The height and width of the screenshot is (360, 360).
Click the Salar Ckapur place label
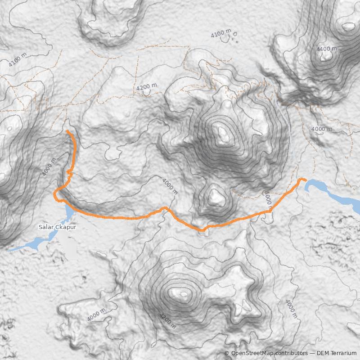pos(58,227)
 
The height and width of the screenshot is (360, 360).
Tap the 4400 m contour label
pos(326,49)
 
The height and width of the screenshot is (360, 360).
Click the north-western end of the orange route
pos(67,131)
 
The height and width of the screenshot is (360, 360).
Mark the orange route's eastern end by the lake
pos(306,180)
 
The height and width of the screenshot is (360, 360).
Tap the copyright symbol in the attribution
pos(227,353)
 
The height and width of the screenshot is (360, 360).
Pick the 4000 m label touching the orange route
pos(267,199)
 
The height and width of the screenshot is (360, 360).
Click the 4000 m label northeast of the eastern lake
pos(321,129)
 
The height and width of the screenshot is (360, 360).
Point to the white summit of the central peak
pos(222,133)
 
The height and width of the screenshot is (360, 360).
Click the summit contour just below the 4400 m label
pos(328,56)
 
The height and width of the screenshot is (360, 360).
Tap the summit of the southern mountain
pos(184,295)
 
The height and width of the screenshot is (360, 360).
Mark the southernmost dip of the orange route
pos(202,230)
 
